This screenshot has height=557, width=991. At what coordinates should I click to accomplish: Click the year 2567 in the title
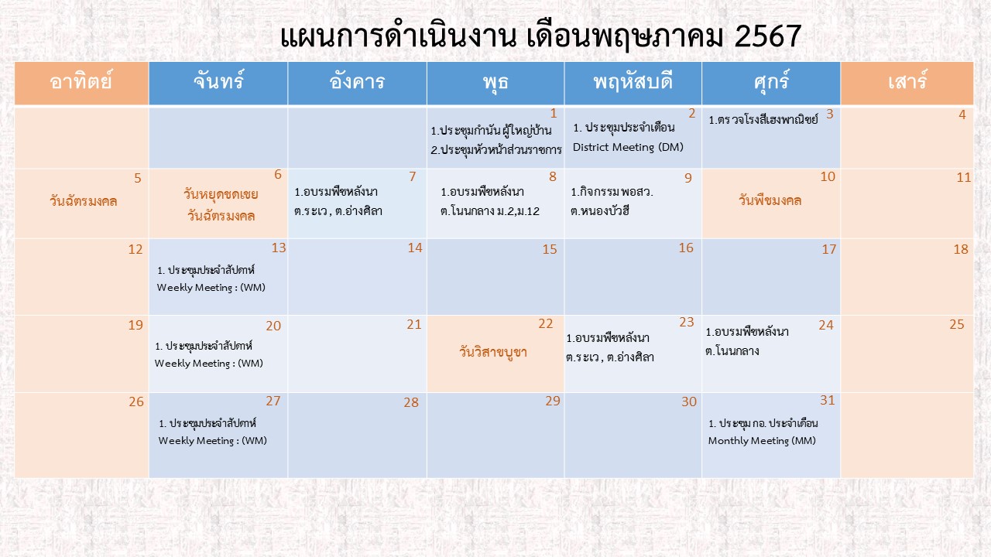(x=767, y=36)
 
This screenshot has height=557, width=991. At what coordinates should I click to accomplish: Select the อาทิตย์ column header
(x=81, y=83)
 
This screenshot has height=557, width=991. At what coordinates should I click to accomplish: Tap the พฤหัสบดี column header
(x=633, y=83)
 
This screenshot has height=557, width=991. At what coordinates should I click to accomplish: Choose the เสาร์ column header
(x=907, y=83)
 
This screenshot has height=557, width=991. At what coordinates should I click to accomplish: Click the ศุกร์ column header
(x=771, y=83)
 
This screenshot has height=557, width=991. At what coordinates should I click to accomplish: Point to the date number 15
(x=550, y=249)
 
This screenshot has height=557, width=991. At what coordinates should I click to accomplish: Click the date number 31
(x=828, y=400)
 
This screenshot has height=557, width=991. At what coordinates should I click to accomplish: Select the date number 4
(x=962, y=115)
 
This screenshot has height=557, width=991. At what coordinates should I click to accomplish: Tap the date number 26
(x=136, y=402)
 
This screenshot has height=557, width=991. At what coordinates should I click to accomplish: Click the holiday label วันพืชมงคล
(x=770, y=200)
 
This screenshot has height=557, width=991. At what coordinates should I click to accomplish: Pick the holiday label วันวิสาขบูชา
(x=493, y=352)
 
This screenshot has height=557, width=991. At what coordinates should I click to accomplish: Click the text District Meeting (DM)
(x=628, y=147)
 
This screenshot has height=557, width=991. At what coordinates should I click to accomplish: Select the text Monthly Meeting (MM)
(x=762, y=441)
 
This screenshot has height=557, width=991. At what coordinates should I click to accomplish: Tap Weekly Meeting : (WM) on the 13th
(x=211, y=287)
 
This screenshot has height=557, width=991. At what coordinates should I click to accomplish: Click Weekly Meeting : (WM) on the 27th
(x=213, y=441)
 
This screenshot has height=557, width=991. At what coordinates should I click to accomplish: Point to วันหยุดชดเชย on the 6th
(x=221, y=194)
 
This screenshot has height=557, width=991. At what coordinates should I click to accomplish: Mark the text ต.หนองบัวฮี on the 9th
(x=599, y=211)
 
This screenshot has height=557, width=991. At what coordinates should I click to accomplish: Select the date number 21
(x=414, y=324)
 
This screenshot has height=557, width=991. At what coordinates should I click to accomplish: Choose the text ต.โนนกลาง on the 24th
(x=732, y=351)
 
